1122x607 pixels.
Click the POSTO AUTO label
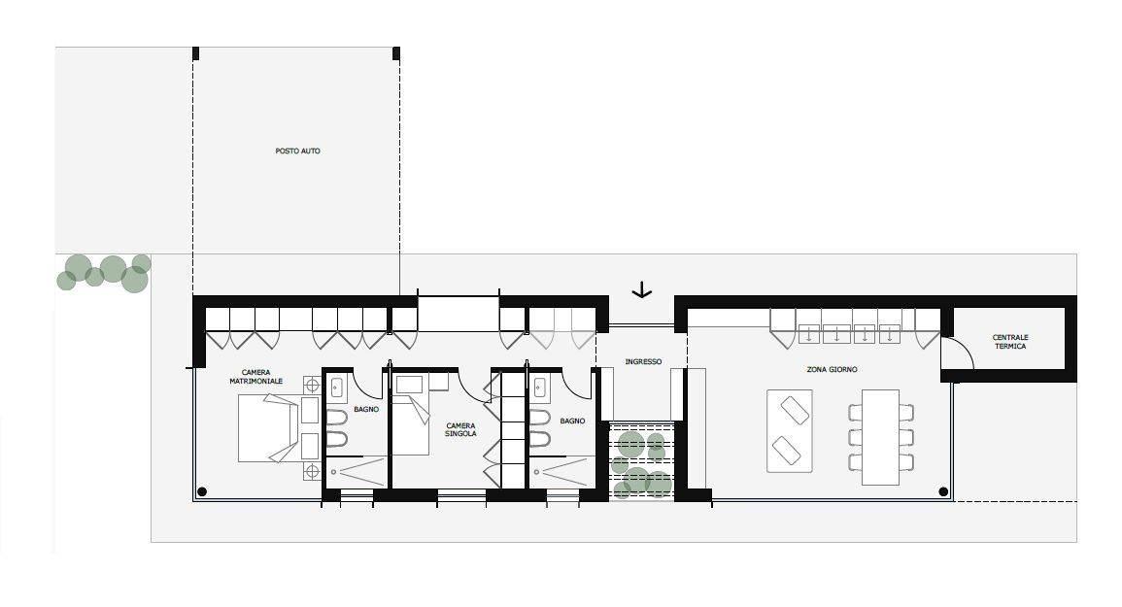coord(297,152)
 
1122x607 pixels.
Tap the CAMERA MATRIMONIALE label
coord(255,377)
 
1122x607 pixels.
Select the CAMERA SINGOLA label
coord(460,429)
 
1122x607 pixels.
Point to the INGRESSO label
coord(643,361)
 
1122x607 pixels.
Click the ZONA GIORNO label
coord(832,369)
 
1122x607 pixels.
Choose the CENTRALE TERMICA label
coord(1009,342)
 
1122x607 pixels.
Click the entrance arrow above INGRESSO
coord(642,289)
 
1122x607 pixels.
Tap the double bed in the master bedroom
coord(267,428)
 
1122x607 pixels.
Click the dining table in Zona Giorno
coord(880,437)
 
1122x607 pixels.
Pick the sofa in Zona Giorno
coord(789,431)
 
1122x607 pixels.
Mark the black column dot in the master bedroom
coord(202,491)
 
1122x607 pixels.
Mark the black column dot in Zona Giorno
coord(943,491)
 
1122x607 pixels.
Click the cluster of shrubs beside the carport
coord(105,273)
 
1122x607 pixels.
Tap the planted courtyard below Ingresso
coord(641,460)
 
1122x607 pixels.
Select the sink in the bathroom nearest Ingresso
coord(539,388)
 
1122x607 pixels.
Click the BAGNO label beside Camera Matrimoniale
coord(366,410)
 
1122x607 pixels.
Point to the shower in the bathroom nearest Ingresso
coord(562,472)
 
